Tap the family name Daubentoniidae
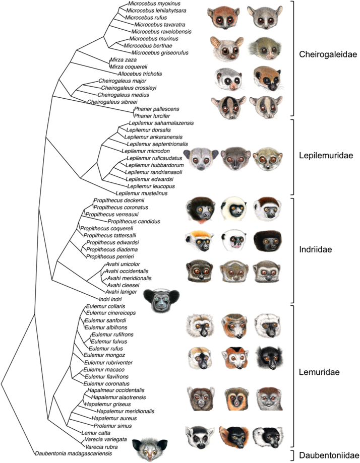coord(327,454)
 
